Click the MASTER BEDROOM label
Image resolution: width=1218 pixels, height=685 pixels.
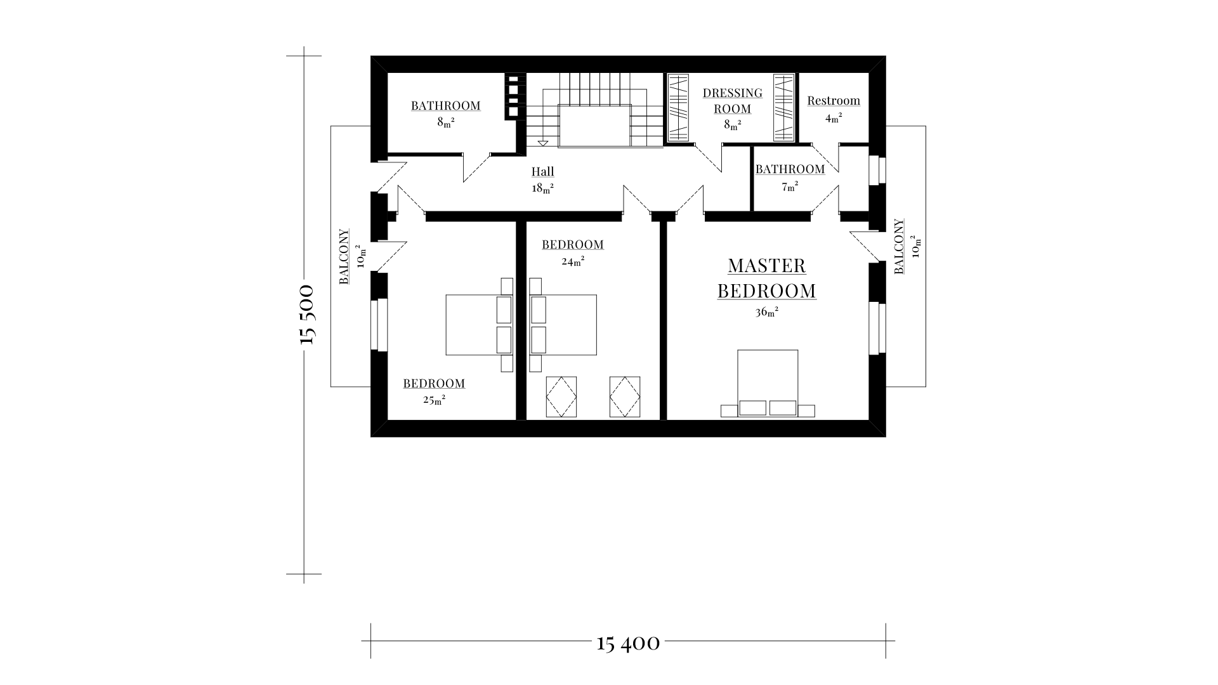click(767, 278)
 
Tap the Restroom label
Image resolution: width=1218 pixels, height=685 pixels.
click(834, 100)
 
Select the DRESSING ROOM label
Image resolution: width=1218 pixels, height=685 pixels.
click(733, 101)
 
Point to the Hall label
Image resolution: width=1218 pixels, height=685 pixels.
click(543, 171)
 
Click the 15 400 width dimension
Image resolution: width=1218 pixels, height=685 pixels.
click(629, 643)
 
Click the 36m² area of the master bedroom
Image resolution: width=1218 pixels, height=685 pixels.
click(767, 311)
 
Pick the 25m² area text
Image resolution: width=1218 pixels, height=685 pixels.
click(434, 400)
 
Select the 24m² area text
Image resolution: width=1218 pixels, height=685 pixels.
click(573, 260)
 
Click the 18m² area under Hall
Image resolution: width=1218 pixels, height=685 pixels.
click(543, 188)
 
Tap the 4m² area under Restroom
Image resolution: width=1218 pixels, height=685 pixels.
click(834, 117)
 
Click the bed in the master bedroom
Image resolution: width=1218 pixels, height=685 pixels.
click(768, 383)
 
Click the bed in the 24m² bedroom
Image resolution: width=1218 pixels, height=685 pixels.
click(563, 325)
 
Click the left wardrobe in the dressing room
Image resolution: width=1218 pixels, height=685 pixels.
click(679, 108)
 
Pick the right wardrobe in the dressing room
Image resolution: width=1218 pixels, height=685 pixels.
click(784, 108)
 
